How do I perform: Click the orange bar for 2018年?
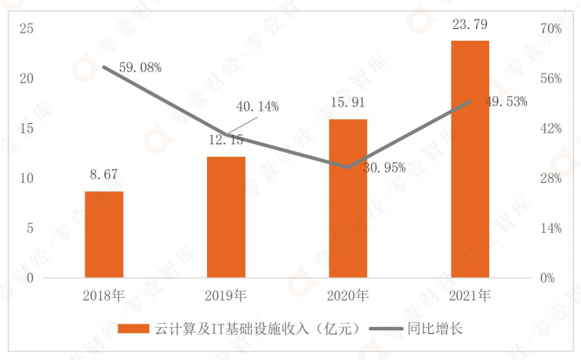pyautogui.click(x=104, y=235)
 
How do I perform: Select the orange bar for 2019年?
pyautogui.click(x=226, y=217)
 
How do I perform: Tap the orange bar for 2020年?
pyautogui.click(x=347, y=198)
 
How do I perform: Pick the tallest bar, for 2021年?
pyautogui.click(x=470, y=159)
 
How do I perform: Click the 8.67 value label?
pyautogui.click(x=104, y=175)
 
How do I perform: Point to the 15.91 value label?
pyautogui.click(x=347, y=103)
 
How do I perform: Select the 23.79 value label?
pyautogui.click(x=470, y=24)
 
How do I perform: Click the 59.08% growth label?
pyautogui.click(x=140, y=67)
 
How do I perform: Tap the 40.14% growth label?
pyautogui.click(x=257, y=107)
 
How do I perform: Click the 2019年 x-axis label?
pyautogui.click(x=226, y=296)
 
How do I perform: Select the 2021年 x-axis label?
pyautogui.click(x=470, y=296)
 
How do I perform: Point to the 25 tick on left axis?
pyautogui.click(x=27, y=29)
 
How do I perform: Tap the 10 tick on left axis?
pyautogui.click(x=27, y=179)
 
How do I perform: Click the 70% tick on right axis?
pyautogui.click(x=552, y=29)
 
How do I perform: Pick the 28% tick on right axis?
pyautogui.click(x=552, y=179)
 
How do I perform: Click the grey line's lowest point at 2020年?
pyautogui.click(x=347, y=166)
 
